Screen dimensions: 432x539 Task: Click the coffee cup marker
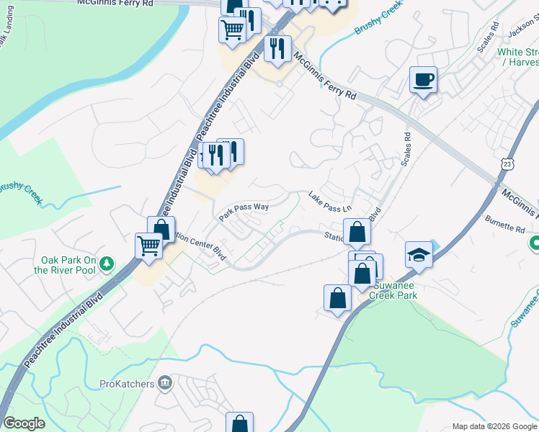423,78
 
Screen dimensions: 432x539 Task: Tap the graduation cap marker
419,254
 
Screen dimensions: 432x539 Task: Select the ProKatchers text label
127,384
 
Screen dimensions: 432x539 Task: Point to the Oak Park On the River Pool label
68,265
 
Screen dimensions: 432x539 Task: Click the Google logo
24,423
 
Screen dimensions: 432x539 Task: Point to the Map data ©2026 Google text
494,426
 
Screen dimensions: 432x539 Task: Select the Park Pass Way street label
244,210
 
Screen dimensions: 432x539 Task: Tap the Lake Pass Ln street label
329,202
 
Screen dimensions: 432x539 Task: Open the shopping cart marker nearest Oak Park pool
149,246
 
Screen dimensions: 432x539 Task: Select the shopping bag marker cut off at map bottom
239,423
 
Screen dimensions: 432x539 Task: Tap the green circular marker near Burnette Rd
535,245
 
